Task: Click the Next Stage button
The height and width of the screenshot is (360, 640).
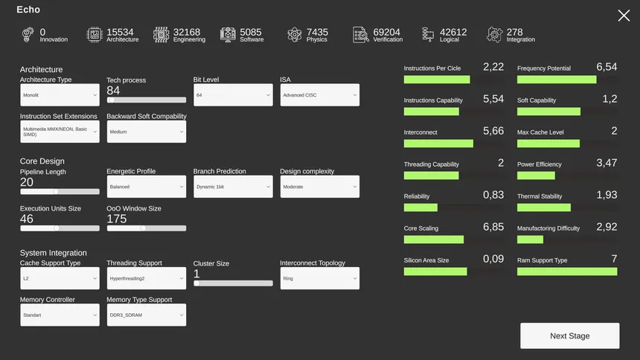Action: [x=569, y=335]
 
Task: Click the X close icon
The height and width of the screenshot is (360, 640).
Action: [x=624, y=16]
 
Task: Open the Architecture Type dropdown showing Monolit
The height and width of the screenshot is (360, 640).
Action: [x=60, y=95]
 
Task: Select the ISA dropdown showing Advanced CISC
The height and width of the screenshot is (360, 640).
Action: [x=319, y=95]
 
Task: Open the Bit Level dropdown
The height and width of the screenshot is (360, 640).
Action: [x=233, y=95]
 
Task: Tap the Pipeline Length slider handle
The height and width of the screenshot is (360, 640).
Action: [x=55, y=191]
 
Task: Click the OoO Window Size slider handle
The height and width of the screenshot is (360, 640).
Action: [x=143, y=228]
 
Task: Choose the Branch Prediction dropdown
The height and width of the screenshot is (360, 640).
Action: [x=233, y=187]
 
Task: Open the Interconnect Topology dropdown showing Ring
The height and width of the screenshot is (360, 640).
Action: [x=319, y=278]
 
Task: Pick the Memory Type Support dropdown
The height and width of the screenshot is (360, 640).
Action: [x=146, y=315]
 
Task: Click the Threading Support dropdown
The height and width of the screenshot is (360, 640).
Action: [x=146, y=278]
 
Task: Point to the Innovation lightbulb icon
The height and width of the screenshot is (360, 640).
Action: [x=28, y=34]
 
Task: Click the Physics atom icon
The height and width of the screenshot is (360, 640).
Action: [x=295, y=34]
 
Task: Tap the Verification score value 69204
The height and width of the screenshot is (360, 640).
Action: [x=387, y=32]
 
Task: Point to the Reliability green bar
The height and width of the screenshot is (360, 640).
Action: [x=420, y=208]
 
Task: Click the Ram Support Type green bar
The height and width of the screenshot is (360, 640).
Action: [x=567, y=271]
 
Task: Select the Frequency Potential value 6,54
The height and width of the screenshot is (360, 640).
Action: [x=607, y=67]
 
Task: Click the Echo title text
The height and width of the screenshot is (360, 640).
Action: [x=28, y=10]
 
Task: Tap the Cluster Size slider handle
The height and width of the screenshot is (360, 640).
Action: [x=196, y=283]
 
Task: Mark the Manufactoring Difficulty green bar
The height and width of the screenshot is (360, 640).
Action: [x=530, y=240]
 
